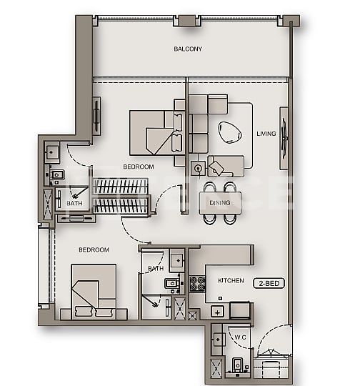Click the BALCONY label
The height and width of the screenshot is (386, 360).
point(188,49)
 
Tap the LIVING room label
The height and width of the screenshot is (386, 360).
point(266,134)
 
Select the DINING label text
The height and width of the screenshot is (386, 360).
point(219,203)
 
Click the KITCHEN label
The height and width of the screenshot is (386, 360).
point(231,281)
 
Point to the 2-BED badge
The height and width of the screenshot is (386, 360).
point(269,283)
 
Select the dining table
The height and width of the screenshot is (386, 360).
point(219,202)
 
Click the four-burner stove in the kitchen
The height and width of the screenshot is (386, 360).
point(197,283)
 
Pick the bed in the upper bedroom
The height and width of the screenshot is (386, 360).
point(153,132)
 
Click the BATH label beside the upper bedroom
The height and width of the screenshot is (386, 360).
point(74,204)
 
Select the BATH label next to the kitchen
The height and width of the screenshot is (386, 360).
point(156,269)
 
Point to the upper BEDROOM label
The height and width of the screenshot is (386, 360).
point(139,167)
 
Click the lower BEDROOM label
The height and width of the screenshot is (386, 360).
point(94,249)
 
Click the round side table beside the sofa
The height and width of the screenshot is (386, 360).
point(196,167)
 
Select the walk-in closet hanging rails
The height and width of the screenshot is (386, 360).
point(121,196)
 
